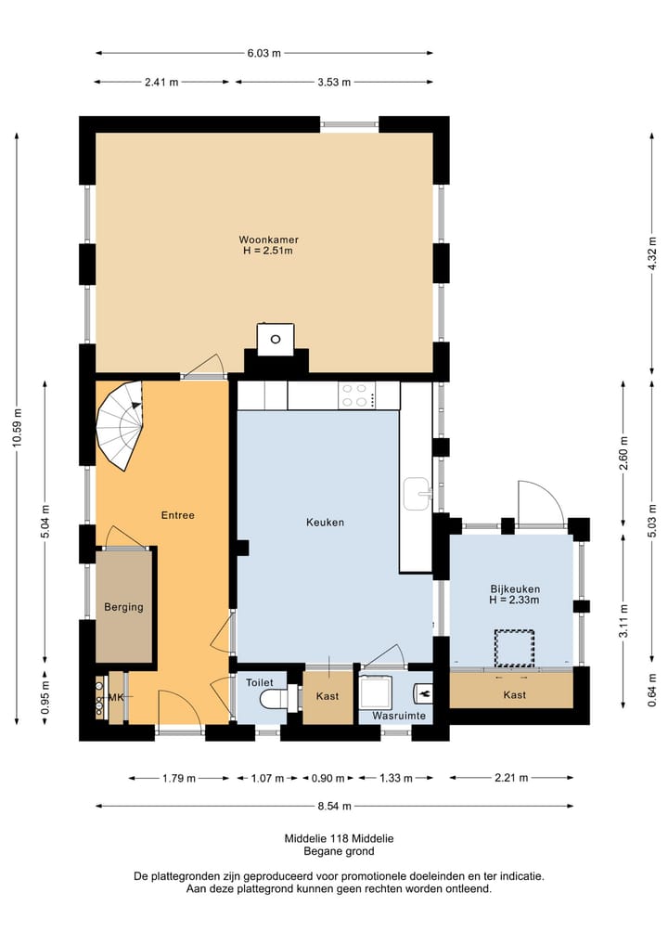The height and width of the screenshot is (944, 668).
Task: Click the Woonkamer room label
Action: coord(268,239)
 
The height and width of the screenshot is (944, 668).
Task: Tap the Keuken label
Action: coord(325,523)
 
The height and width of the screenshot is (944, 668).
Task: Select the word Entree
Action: coord(178,515)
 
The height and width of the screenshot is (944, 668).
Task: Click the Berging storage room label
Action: coord(124,607)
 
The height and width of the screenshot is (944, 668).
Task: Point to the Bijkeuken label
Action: coord(515,589)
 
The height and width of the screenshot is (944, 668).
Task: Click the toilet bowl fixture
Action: coord(275,700)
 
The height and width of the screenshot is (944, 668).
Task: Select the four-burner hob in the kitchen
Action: coord(357,395)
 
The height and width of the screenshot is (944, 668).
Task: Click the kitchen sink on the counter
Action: coord(417,494)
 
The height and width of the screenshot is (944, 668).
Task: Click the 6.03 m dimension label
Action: coord(263,53)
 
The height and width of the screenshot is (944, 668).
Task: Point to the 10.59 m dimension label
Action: coord(17,428)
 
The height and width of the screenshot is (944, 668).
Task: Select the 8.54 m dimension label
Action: coord(334,806)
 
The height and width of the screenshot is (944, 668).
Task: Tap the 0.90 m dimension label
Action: coord(328,779)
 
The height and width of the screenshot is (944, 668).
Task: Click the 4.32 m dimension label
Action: coord(652,253)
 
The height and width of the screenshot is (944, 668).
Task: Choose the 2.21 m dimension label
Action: coord(511,778)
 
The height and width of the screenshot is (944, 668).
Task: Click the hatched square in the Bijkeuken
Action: coord(515,648)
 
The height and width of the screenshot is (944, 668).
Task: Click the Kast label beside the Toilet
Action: coord(328,696)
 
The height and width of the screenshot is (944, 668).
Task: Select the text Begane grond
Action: coord(339,851)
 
